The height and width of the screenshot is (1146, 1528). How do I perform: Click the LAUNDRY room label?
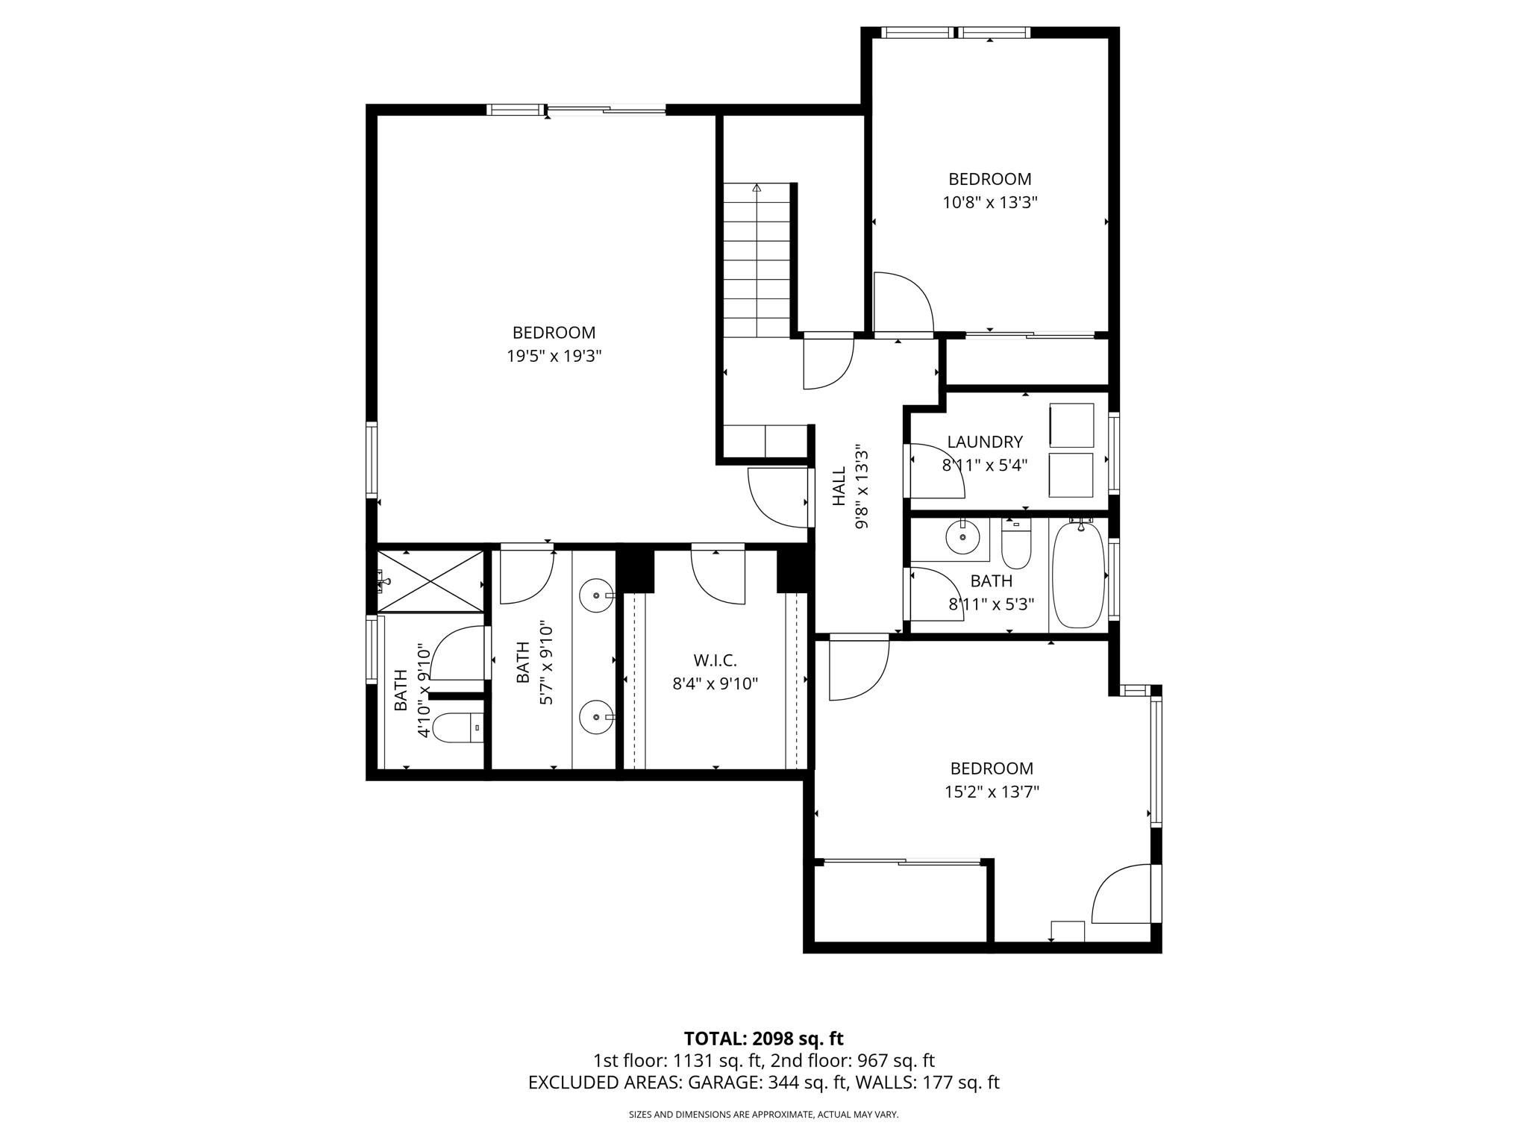(984, 442)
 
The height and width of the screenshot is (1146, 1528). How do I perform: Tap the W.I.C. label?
(715, 660)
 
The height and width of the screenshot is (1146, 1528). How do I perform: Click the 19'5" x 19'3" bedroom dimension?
(554, 356)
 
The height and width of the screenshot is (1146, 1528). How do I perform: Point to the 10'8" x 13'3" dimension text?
(989, 202)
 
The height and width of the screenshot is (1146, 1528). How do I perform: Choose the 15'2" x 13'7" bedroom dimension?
(992, 792)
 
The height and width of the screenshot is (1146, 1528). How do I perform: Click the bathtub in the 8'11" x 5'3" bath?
(1077, 574)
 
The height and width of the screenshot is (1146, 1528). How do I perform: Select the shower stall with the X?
(430, 581)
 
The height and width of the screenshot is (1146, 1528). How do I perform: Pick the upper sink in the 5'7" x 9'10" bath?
(595, 595)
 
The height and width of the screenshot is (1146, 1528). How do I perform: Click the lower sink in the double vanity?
(595, 717)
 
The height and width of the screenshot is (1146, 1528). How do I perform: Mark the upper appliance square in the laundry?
(1071, 426)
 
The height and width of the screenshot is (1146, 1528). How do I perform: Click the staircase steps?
(757, 261)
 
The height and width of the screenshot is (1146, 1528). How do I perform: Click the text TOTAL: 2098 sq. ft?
(763, 1039)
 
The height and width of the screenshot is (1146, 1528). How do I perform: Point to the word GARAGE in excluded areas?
(724, 1083)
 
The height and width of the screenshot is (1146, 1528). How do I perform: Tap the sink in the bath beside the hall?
(962, 536)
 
